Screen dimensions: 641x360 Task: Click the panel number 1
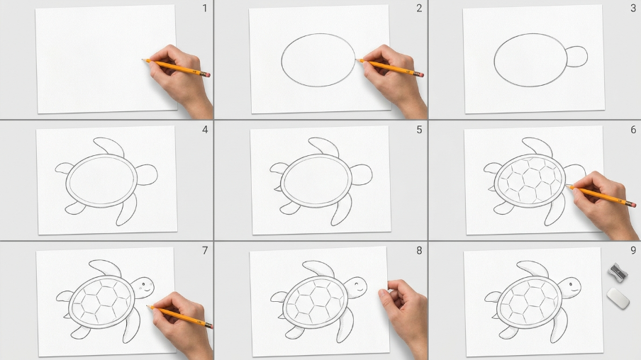click(x=205, y=9)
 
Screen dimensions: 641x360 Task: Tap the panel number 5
click(x=419, y=130)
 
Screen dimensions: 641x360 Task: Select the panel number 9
click(x=633, y=250)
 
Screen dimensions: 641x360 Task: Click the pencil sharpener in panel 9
click(x=618, y=273)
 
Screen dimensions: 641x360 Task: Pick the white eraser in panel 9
click(x=618, y=298)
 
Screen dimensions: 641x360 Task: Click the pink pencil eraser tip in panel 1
click(x=208, y=75)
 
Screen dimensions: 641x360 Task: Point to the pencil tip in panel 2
click(x=357, y=60)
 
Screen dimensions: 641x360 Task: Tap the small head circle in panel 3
click(x=576, y=57)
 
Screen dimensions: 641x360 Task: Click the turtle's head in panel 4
click(x=146, y=175)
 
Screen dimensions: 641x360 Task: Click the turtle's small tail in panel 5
click(x=277, y=189)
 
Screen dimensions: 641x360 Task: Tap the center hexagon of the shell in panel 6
click(x=531, y=178)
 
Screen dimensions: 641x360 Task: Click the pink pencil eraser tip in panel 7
click(x=209, y=326)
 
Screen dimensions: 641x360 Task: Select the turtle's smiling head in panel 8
click(x=355, y=288)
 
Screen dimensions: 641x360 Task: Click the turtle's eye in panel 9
click(x=572, y=283)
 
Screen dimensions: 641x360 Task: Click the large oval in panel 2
click(x=318, y=34)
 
